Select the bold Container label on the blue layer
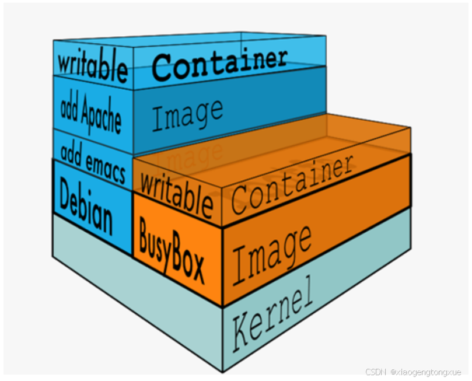point(220,63)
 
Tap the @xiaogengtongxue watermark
point(426,372)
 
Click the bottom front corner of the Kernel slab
point(222,372)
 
